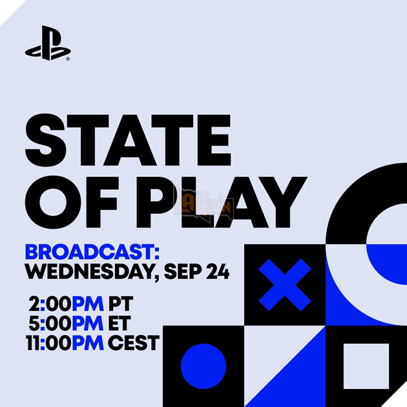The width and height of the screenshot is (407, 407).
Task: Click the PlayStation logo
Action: pos(47,43)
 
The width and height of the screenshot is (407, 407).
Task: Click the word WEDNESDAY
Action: pos(90,271)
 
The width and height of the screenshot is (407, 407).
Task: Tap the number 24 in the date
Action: pos(218,271)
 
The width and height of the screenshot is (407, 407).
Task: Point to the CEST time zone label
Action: pos(133,342)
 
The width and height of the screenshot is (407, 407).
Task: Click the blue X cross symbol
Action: pos(285,285)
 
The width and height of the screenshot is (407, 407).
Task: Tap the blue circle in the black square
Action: pos(203,366)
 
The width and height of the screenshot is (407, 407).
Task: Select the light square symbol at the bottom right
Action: pos(366,366)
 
